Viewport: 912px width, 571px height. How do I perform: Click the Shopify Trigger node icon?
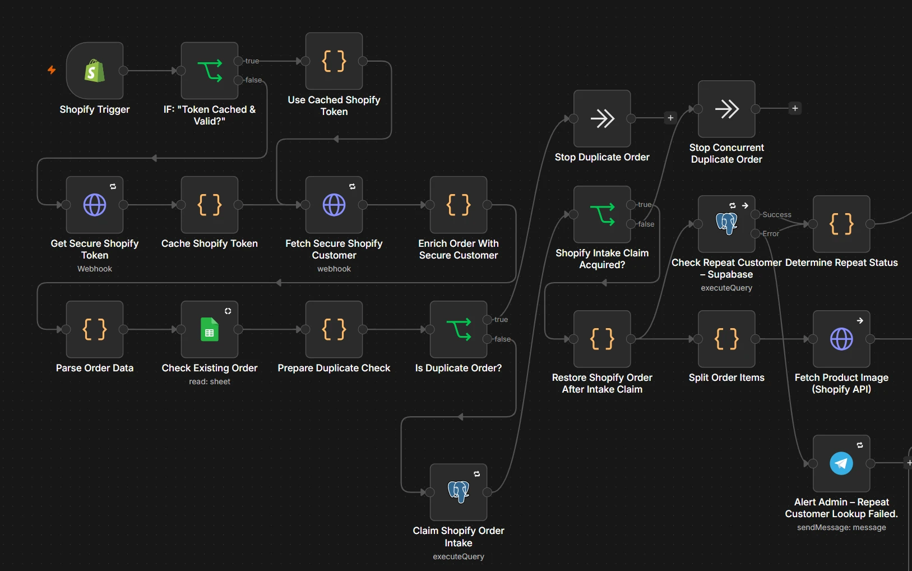pos(95,71)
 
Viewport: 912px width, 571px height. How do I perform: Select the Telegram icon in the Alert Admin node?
pos(841,463)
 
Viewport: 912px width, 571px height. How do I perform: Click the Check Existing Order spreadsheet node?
pos(209,329)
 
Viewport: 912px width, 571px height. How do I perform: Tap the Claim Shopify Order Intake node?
pos(459,492)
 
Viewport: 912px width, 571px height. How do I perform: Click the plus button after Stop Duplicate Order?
pos(670,118)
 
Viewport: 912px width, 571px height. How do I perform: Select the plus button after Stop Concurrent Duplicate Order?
pos(795,108)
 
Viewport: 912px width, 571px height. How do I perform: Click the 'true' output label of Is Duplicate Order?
pos(501,320)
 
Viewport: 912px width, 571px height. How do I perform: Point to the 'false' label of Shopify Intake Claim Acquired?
pos(646,224)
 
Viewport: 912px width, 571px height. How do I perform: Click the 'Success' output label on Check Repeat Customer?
pos(777,215)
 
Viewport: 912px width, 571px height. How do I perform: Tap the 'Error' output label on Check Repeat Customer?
pos(771,234)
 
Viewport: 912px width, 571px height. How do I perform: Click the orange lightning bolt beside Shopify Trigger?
pos(52,70)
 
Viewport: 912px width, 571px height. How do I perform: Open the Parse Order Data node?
pos(95,329)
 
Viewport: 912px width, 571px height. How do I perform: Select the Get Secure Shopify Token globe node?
pos(95,205)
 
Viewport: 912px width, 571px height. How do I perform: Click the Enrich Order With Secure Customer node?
pos(459,205)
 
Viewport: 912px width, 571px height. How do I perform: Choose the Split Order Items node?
pos(726,339)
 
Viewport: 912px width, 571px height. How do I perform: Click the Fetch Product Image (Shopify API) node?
pos(841,339)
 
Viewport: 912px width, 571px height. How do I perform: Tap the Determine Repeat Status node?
pos(841,224)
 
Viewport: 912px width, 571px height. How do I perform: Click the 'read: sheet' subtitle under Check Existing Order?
pos(209,381)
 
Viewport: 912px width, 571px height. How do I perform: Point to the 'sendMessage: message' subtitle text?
pos(841,527)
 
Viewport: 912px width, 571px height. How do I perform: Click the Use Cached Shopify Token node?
pos(334,61)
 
